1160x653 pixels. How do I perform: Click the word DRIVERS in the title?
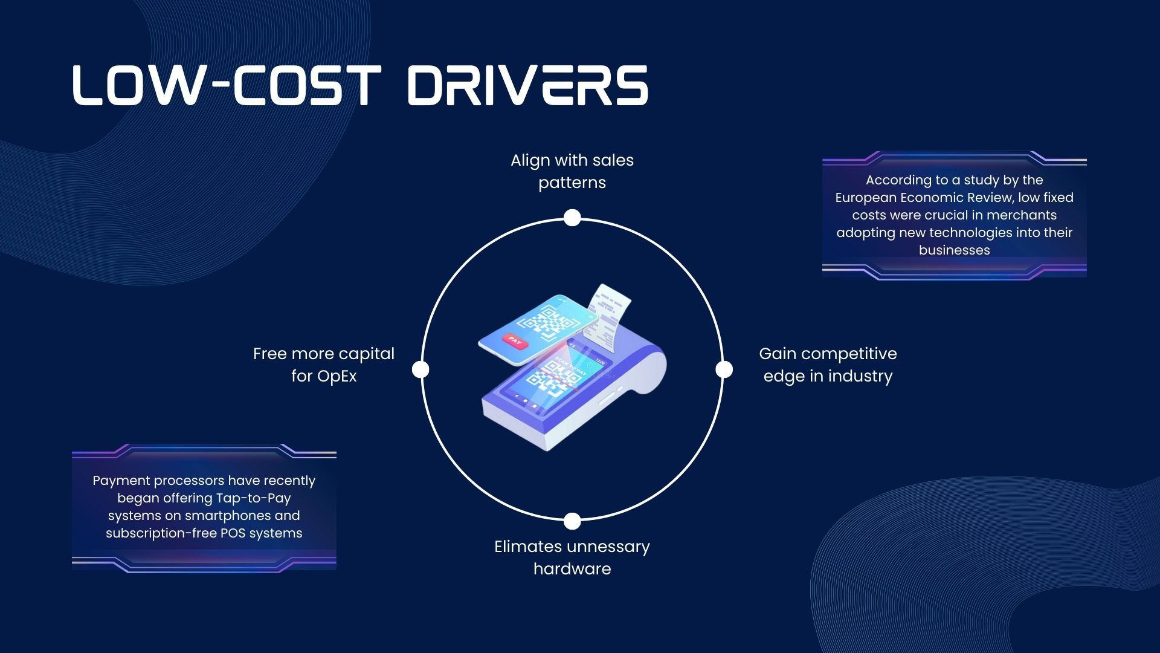(527, 85)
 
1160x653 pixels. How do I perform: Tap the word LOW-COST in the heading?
(227, 85)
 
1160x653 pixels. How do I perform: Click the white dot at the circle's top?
(572, 218)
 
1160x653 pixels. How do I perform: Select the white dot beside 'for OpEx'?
(420, 369)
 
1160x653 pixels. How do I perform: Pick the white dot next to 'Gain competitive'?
(724, 369)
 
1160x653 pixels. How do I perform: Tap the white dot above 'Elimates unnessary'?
(572, 521)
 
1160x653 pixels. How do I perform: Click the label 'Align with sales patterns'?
(572, 171)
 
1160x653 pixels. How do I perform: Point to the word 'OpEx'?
(337, 376)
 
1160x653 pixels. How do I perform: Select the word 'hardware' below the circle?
(572, 569)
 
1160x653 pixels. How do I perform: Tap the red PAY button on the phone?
(514, 342)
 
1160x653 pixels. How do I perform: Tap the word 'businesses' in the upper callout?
(955, 250)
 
